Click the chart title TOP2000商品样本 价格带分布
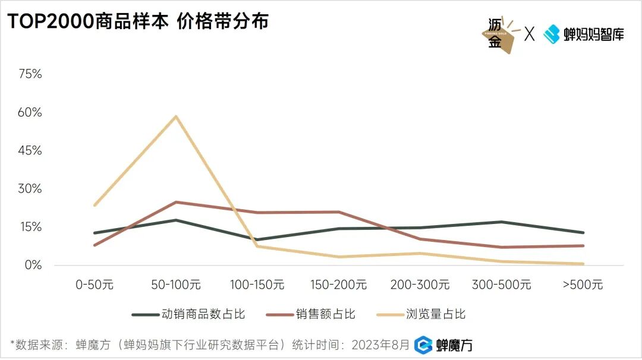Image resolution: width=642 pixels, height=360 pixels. click(137, 21)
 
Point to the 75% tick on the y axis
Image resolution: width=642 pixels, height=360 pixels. click(30, 74)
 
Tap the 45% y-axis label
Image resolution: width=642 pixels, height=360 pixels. click(30, 151)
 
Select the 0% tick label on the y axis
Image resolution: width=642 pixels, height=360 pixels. click(33, 265)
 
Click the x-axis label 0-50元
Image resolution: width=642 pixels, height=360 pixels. click(95, 285)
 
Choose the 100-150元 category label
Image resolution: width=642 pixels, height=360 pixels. click(257, 285)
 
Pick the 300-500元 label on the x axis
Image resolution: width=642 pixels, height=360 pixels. click(501, 285)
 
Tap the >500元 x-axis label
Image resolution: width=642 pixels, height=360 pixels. click(583, 285)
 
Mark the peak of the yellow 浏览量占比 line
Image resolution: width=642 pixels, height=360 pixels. click(176, 116)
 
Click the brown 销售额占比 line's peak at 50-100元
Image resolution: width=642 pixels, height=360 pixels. click(176, 202)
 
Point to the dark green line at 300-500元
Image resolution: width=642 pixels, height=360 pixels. click(501, 222)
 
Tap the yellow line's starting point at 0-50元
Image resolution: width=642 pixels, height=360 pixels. click(95, 205)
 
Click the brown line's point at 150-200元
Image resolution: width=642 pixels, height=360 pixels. click(338, 211)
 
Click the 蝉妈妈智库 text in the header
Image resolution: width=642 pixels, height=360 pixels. click(593, 34)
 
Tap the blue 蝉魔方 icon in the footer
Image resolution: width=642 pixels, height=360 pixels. click(423, 345)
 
